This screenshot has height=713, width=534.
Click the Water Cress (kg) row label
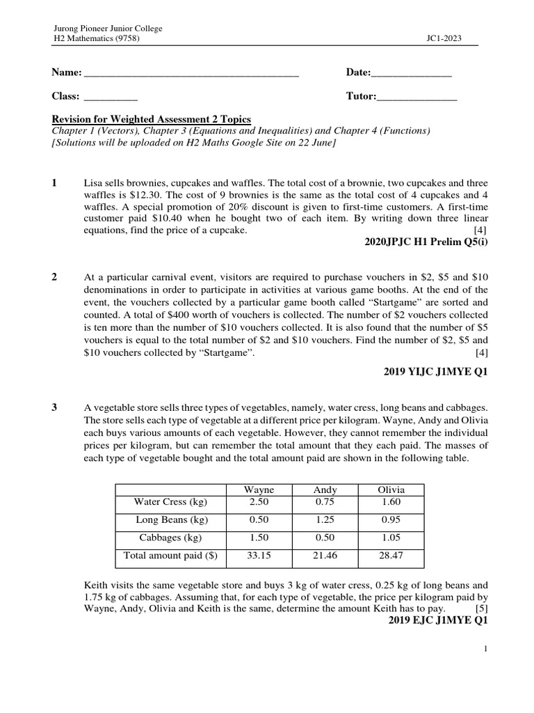pos(170,501)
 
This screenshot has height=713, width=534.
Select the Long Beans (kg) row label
pos(170,519)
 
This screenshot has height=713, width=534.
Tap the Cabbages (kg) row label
pos(170,538)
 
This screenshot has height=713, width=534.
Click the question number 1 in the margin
pos(54,183)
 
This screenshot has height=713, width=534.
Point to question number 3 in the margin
pos(54,407)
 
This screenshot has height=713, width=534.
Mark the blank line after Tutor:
pos(416,97)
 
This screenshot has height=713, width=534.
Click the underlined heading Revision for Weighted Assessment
pos(151,120)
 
